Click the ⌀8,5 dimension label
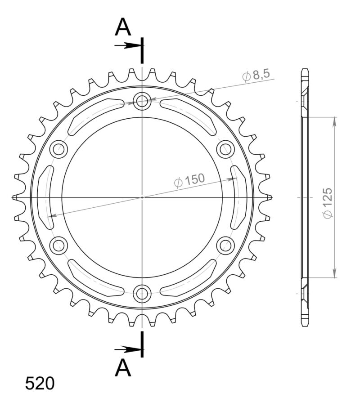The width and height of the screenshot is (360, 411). (x=256, y=75)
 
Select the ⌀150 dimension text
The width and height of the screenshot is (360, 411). (x=189, y=180)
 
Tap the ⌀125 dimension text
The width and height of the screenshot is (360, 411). (x=328, y=203)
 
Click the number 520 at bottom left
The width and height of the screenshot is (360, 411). (x=40, y=384)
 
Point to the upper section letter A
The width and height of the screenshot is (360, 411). (x=123, y=28)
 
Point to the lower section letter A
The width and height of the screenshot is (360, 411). (x=123, y=369)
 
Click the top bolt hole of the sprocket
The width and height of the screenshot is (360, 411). (x=142, y=101)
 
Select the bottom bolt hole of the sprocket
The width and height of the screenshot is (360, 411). (x=142, y=294)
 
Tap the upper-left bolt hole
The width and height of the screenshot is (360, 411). (x=58, y=149)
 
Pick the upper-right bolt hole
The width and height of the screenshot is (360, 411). (x=225, y=149)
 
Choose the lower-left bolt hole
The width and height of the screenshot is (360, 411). (x=58, y=246)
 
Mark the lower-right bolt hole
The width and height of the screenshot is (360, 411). (x=225, y=246)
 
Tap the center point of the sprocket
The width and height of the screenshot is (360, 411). (x=142, y=197)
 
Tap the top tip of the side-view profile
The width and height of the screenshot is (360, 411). (x=305, y=70)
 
